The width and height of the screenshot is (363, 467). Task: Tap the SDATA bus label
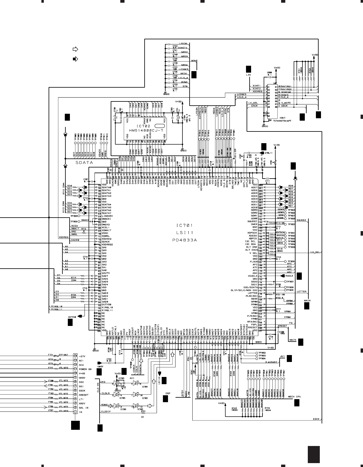pyautogui.click(x=84, y=163)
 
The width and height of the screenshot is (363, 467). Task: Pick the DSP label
pyautogui.click(x=168, y=393)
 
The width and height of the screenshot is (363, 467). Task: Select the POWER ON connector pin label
pyautogui.click(x=85, y=369)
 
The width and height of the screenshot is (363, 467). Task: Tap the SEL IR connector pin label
pyautogui.click(x=84, y=407)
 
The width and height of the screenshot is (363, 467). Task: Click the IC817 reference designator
pyautogui.click(x=282, y=118)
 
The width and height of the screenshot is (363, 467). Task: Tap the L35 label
pyautogui.click(x=248, y=75)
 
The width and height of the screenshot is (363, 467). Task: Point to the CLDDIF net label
pyautogui.click(x=106, y=412)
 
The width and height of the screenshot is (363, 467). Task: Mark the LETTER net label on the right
pyautogui.click(x=301, y=291)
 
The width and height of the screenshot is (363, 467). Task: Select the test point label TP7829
pyautogui.click(x=292, y=224)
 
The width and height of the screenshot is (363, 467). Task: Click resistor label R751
pyautogui.click(x=143, y=412)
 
